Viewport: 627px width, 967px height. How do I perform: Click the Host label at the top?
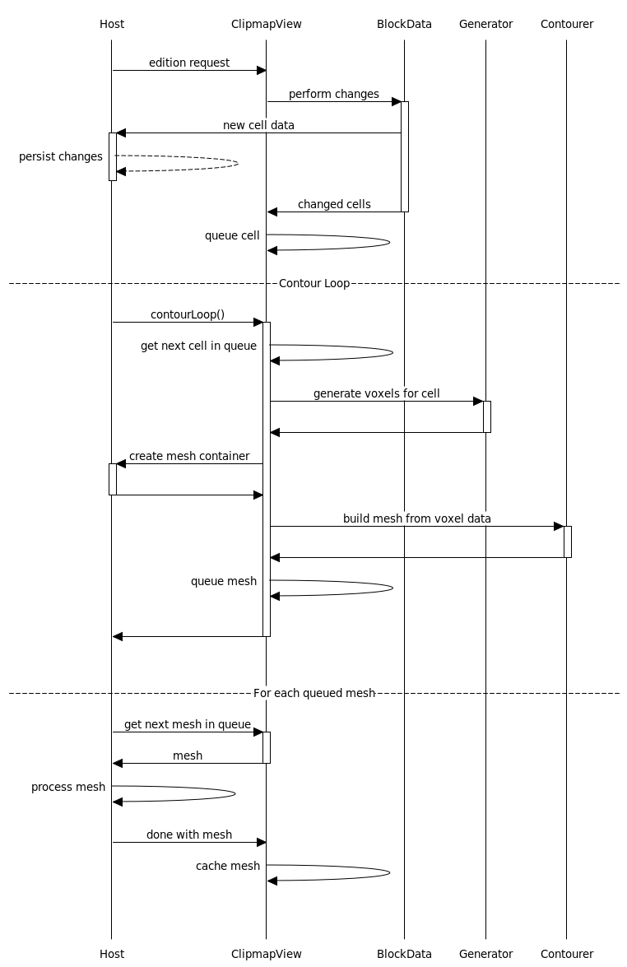(112, 24)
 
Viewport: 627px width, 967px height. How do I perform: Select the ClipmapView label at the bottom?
(266, 954)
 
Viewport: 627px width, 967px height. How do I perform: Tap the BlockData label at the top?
(404, 24)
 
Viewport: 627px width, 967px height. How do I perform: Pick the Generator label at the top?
(485, 24)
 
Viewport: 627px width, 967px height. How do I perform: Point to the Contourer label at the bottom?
(566, 954)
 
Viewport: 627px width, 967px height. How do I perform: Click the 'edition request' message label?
(189, 63)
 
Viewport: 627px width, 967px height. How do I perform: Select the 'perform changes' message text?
(334, 94)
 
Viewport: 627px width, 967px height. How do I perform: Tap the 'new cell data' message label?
(258, 125)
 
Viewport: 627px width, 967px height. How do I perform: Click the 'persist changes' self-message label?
(61, 156)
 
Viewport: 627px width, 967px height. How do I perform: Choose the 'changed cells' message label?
(334, 204)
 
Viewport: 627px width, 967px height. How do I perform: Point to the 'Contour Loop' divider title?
(314, 283)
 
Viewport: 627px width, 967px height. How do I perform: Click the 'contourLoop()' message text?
(188, 314)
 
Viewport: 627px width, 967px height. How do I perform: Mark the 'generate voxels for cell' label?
(377, 393)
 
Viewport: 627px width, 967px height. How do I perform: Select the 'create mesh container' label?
(189, 456)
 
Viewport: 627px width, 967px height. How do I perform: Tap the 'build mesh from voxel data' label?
(417, 518)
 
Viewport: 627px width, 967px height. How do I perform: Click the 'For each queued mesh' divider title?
(314, 693)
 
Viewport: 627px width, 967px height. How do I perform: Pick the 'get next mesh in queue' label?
(188, 724)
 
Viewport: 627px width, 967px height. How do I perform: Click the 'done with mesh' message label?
(189, 835)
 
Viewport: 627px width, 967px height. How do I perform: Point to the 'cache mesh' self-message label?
(228, 866)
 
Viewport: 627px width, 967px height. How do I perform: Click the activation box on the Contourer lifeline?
(568, 542)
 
